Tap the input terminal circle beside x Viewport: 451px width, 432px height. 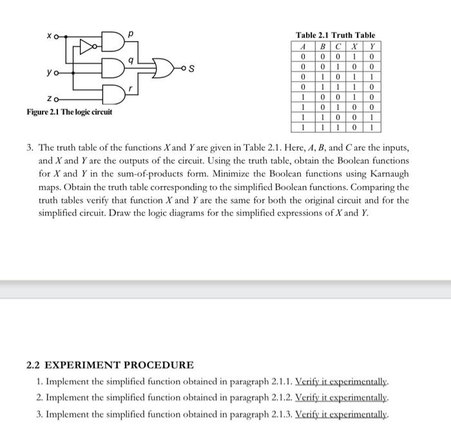click(x=57, y=37)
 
